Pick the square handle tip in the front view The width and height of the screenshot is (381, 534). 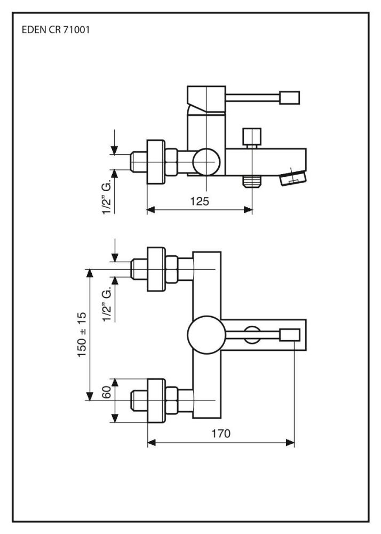[291, 335]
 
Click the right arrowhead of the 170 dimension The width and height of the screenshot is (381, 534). [291, 442]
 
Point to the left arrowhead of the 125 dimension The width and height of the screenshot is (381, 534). [150, 210]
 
